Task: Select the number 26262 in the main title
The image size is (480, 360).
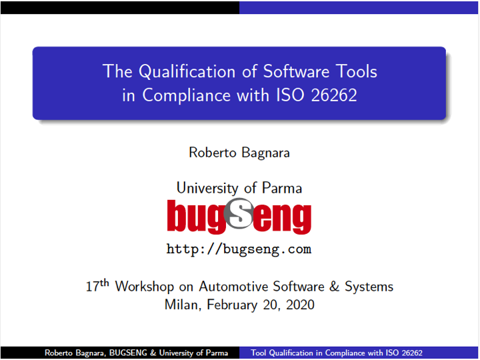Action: [334, 95]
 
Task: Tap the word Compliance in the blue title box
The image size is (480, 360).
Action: [186, 95]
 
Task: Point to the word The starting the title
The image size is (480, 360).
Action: [117, 71]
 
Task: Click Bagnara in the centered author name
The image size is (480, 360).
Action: [265, 153]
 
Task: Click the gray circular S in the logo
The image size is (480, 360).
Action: [239, 213]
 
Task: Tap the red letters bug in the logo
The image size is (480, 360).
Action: [196, 217]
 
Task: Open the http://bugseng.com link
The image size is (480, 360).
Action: [239, 249]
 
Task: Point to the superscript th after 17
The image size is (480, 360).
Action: [105, 282]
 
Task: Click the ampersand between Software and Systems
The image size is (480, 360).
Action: [334, 287]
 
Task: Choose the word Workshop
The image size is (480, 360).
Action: [145, 287]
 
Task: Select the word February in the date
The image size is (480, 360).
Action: [232, 305]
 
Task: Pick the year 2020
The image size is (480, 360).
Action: [300, 305]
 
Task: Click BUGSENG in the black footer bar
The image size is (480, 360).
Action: [128, 353]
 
